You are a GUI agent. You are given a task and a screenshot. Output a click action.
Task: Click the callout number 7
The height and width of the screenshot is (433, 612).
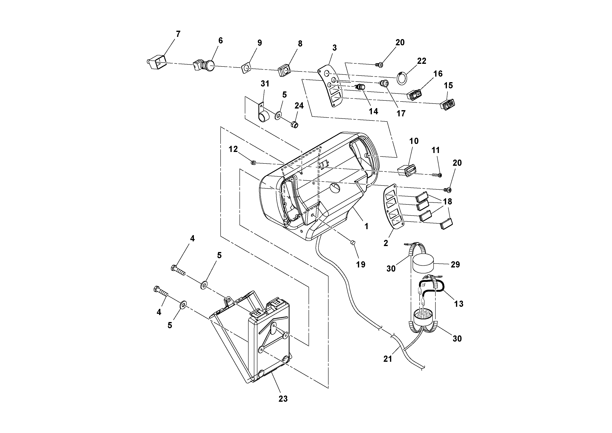click(178, 34)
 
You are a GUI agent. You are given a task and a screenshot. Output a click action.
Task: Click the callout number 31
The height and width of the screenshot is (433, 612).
click(265, 84)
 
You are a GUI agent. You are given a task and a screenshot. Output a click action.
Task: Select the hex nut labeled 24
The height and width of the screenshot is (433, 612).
click(294, 124)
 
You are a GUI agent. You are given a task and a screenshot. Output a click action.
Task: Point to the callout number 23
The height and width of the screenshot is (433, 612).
click(283, 399)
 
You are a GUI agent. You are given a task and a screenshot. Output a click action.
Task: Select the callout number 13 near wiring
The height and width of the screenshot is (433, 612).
click(458, 303)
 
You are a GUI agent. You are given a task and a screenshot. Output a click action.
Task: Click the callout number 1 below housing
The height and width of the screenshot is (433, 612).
click(366, 226)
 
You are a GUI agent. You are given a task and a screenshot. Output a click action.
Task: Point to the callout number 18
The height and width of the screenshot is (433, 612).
click(448, 202)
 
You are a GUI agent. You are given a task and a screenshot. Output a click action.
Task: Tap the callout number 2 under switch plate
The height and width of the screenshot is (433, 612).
click(386, 243)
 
